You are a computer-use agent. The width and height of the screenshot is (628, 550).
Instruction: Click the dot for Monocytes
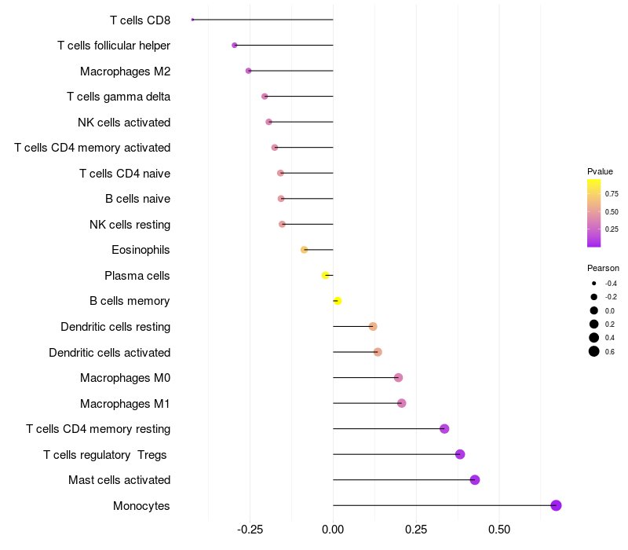[556, 505]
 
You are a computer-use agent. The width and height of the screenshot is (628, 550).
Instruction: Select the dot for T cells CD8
[192, 20]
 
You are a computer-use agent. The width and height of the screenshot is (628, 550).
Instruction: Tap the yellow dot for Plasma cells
[325, 275]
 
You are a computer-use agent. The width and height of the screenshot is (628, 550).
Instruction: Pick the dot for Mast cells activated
[474, 480]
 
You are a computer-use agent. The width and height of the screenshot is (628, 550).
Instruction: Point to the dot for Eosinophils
[304, 250]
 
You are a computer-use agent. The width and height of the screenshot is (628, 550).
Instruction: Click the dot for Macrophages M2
[248, 71]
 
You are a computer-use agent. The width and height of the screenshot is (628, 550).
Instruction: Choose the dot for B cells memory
[338, 301]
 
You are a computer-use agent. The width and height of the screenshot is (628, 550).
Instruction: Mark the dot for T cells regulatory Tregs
[460, 454]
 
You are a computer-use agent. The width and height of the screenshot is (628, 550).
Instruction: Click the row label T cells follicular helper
[114, 46]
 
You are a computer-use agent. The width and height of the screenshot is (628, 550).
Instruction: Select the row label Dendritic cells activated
[109, 352]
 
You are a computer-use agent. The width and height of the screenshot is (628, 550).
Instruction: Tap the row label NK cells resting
[130, 225]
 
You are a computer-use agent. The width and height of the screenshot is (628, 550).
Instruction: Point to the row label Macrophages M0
[125, 378]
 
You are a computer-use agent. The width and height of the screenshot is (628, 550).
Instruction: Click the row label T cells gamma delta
[119, 97]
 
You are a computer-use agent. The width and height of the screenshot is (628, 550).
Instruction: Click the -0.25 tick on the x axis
[250, 530]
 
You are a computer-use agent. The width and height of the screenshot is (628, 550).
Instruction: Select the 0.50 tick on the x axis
[499, 530]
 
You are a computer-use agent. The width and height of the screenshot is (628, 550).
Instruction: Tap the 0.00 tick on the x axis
[333, 530]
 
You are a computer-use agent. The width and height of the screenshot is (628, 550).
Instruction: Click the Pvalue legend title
[600, 171]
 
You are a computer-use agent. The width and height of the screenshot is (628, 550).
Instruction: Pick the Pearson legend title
[603, 268]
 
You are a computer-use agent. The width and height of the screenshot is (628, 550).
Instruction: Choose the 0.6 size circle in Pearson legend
[594, 351]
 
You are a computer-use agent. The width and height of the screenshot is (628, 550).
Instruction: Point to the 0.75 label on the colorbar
[612, 193]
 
